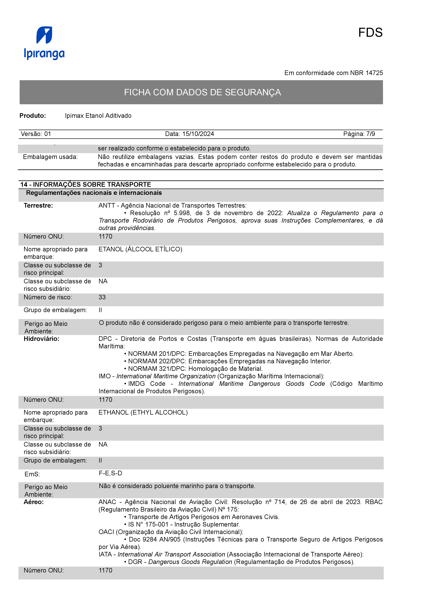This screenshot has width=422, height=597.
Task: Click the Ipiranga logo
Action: [44, 43]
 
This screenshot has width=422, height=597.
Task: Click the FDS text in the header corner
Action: [370, 33]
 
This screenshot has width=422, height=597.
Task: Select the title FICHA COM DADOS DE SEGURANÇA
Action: [202, 92]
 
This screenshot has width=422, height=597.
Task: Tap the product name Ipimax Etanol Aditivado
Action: [98, 116]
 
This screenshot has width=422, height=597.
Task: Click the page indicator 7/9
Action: [371, 134]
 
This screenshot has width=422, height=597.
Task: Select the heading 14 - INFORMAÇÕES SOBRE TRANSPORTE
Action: [86, 185]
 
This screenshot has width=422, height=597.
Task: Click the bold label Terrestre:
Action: [38, 206]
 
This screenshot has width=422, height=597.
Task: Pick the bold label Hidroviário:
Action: [41, 339]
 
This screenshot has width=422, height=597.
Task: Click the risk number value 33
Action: [102, 297]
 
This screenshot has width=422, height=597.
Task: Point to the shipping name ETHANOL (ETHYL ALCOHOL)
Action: [143, 413]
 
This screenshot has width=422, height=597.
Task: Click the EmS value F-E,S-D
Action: [110, 473]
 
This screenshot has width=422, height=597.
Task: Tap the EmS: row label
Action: [32, 474]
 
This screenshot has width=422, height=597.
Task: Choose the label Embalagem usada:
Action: [50, 157]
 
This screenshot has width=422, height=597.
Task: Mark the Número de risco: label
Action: [48, 297]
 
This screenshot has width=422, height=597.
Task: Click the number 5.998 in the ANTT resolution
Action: [182, 213]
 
